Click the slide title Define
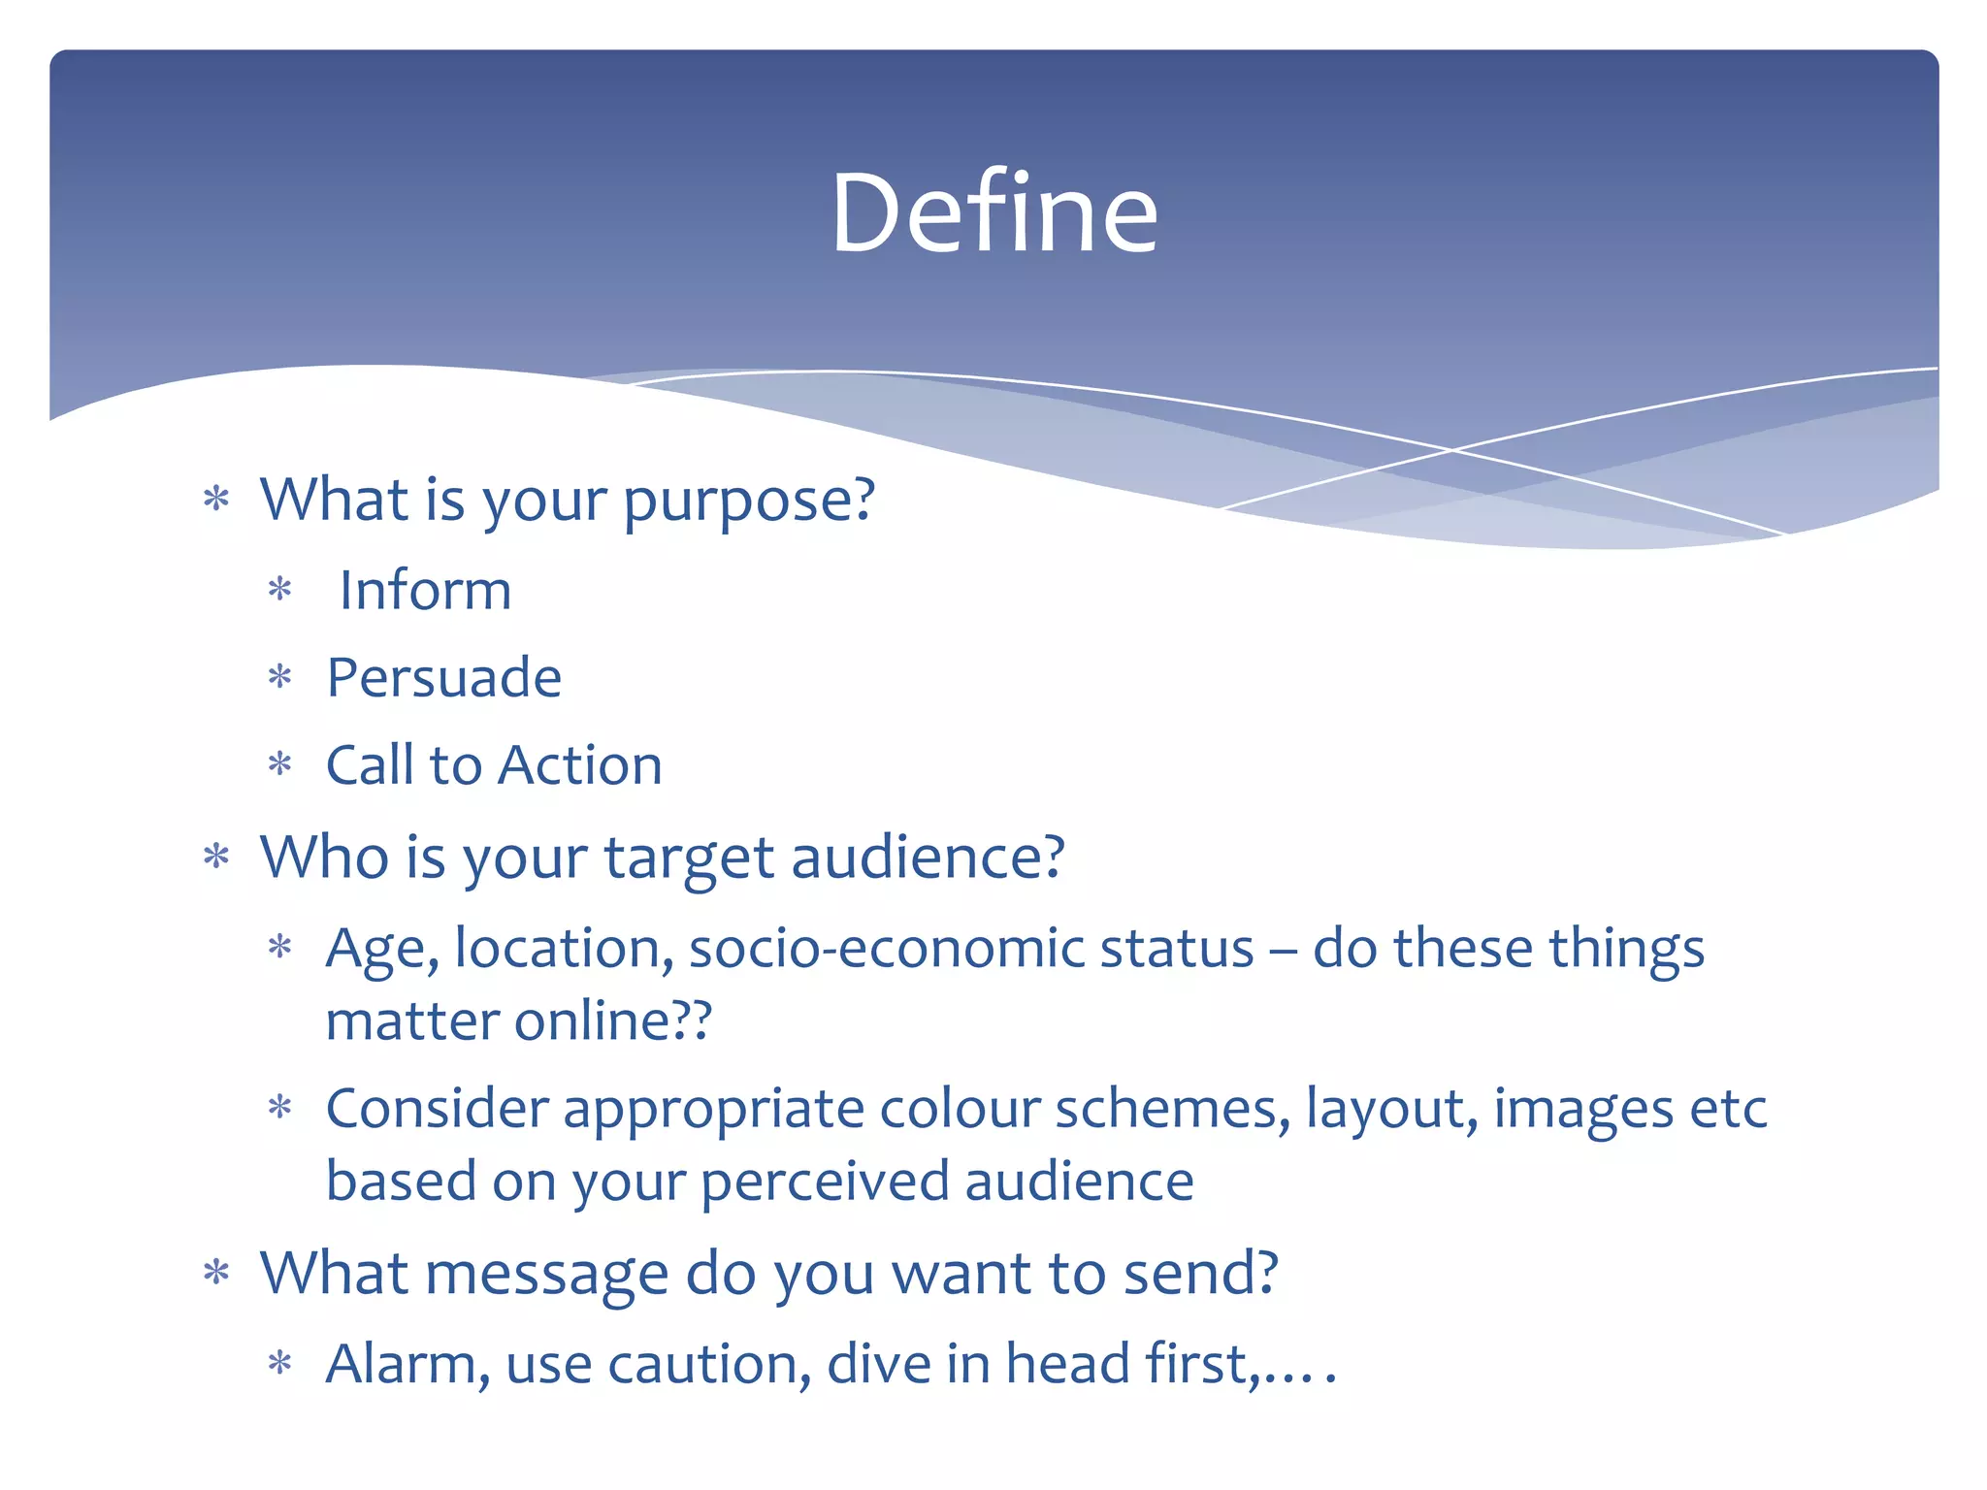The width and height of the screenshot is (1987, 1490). click(994, 212)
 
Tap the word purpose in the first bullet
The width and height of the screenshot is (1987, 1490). click(748, 502)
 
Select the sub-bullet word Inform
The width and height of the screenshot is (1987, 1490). click(425, 590)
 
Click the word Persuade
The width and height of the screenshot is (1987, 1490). click(443, 677)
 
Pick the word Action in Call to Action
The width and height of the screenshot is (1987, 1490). click(580, 765)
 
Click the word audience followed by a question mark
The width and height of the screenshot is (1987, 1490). click(928, 858)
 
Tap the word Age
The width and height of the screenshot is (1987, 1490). click(380, 949)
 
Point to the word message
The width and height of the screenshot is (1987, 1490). click(546, 1274)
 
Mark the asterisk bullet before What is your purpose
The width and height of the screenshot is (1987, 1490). click(216, 500)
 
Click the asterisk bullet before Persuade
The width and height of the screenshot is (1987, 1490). click(280, 676)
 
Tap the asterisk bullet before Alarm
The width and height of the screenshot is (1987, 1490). click(280, 1363)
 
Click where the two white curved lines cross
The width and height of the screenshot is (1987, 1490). click(1452, 450)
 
